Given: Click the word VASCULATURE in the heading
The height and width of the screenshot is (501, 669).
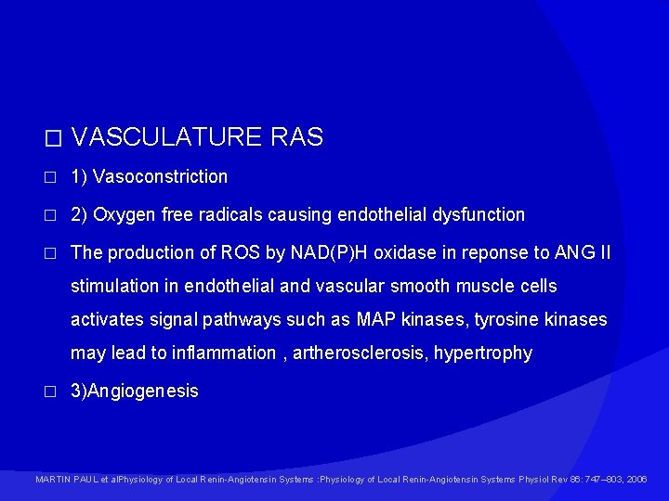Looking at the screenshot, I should (x=167, y=138).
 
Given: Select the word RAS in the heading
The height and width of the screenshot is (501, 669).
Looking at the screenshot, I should (x=297, y=138).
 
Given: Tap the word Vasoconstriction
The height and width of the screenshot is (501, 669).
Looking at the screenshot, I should (x=160, y=176).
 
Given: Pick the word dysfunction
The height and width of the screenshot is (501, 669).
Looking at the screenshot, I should (x=478, y=215).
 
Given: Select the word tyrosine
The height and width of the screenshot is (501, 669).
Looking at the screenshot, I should (x=507, y=320).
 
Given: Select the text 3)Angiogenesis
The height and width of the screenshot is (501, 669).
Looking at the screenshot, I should (x=135, y=392).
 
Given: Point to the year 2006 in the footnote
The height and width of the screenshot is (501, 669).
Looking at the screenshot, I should (x=637, y=480).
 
